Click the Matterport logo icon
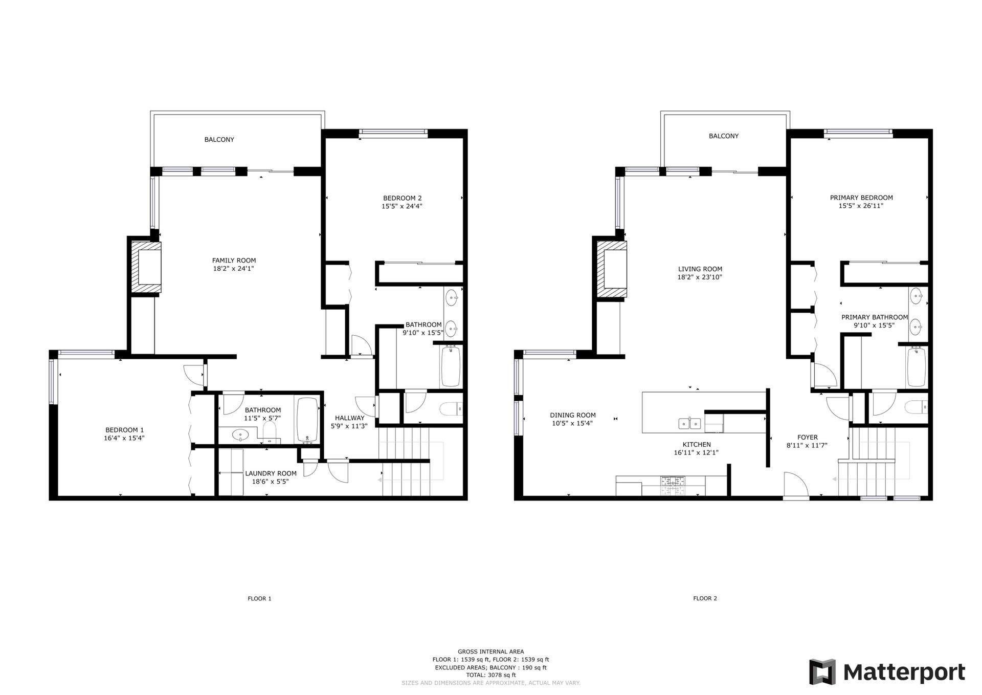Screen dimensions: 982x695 point(822,671)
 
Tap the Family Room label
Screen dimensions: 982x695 point(234,260)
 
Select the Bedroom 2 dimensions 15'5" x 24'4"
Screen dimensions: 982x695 point(401,207)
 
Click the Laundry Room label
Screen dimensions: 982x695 point(271,473)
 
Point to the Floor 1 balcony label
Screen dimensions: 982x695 point(219,140)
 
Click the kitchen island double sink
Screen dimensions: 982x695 point(689,423)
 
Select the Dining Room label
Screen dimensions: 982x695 point(573,416)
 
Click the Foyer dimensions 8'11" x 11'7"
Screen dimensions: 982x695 point(807,446)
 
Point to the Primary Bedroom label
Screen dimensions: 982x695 point(861,198)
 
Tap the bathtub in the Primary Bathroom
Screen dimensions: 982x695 point(916,367)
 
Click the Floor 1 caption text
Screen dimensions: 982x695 point(259,598)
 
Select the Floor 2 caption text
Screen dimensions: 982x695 point(705,598)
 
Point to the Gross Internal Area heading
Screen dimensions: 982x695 point(490,652)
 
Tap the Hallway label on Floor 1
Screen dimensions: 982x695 point(349,418)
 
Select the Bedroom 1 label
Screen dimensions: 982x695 point(124,430)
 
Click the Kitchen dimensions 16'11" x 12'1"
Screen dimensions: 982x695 point(696,453)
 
